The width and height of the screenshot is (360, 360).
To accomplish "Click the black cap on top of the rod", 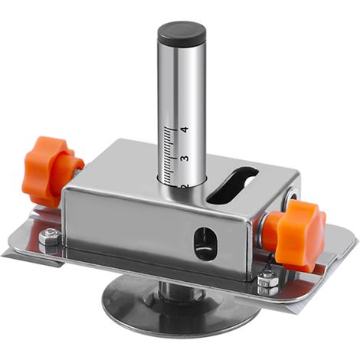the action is pos(182,33).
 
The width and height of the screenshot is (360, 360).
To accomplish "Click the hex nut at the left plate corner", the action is pos(50,237).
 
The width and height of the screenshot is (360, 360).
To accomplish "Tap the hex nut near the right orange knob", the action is pos(267,281).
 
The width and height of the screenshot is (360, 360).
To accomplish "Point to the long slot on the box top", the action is pos(232,185).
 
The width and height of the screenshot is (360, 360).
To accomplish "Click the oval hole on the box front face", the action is pos(205,243).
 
